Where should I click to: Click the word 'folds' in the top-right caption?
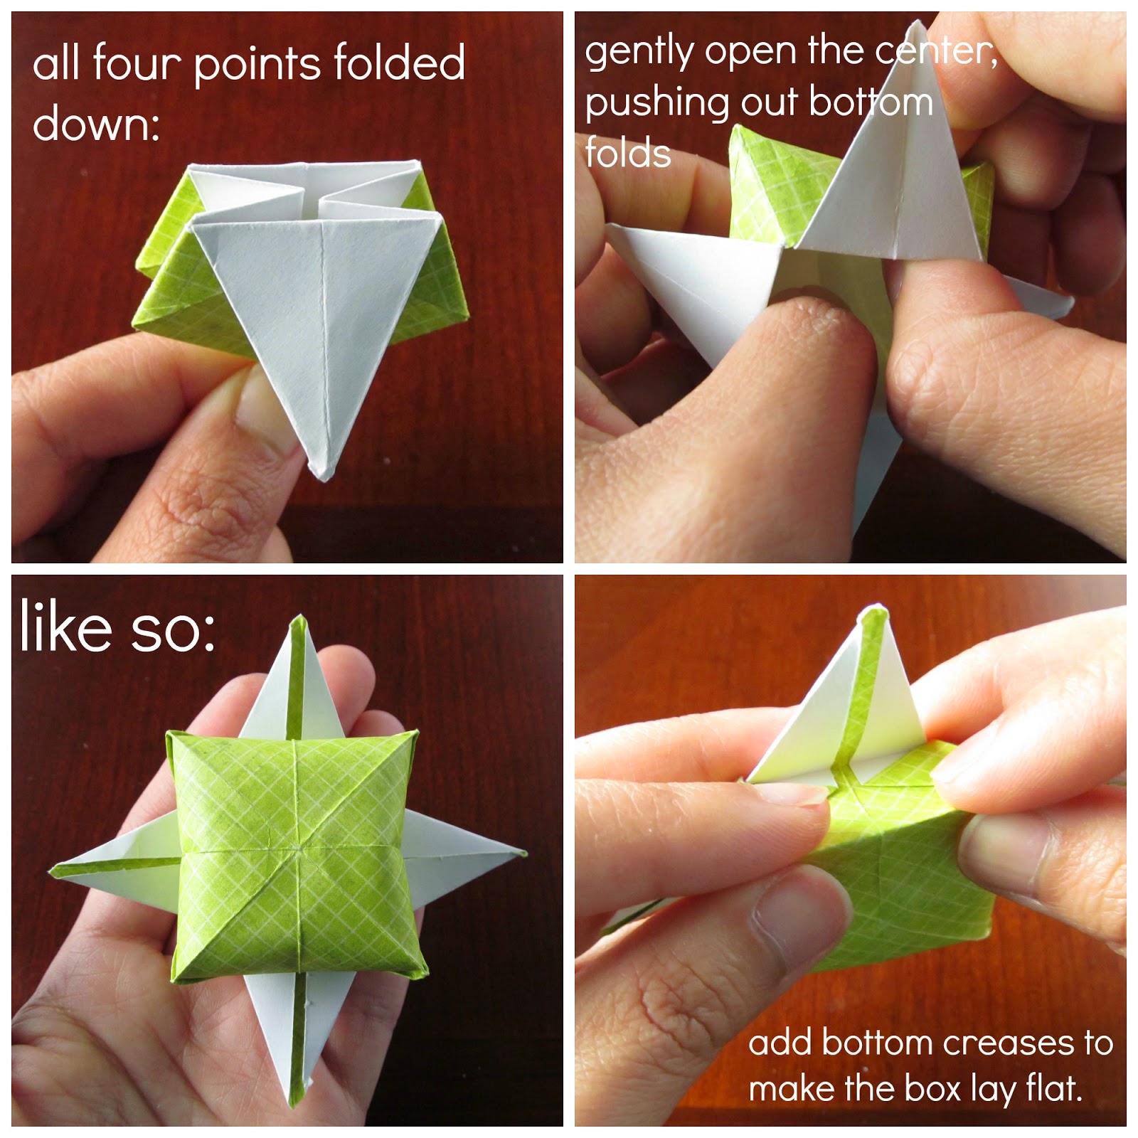(628, 152)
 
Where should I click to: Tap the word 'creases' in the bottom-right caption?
(1009, 1043)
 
